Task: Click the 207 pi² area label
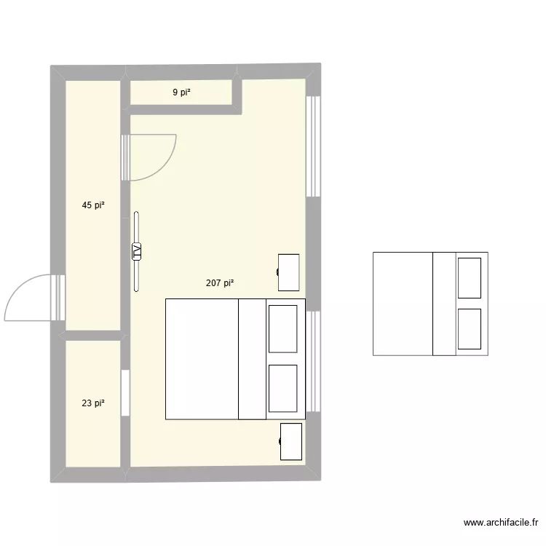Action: pyautogui.click(x=220, y=283)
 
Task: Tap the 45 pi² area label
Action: pyautogui.click(x=92, y=205)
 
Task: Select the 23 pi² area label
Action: pyautogui.click(x=92, y=403)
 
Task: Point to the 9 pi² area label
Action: pyautogui.click(x=181, y=92)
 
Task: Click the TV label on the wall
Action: pyautogui.click(x=136, y=251)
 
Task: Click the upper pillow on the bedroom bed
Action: pyautogui.click(x=282, y=329)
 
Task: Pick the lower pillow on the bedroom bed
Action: pyautogui.click(x=282, y=388)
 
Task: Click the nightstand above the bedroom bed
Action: pyautogui.click(x=289, y=272)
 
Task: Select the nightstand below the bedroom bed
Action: pyautogui.click(x=291, y=441)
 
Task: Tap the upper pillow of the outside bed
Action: pyautogui.click(x=469, y=277)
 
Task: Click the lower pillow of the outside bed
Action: pyautogui.click(x=469, y=329)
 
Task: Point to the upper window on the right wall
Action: pyautogui.click(x=313, y=146)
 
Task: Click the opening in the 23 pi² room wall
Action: pyautogui.click(x=125, y=393)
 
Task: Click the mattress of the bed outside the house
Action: pyautogui.click(x=403, y=304)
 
